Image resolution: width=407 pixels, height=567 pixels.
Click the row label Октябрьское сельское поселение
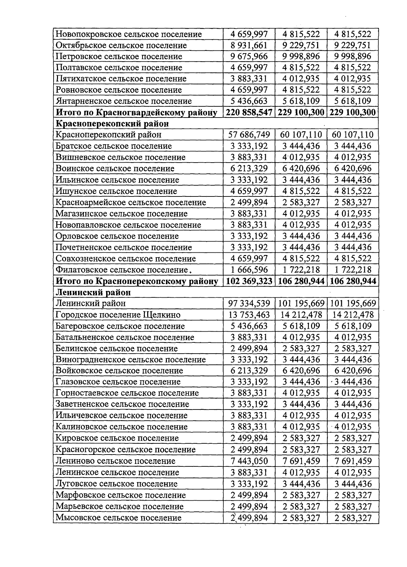coord(121,45)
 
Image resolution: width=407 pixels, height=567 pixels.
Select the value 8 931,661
coord(249,45)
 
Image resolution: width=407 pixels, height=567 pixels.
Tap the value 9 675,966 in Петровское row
coord(249,57)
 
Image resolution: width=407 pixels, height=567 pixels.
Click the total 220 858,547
coord(249,112)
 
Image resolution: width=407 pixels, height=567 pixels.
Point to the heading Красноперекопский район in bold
coord(112,124)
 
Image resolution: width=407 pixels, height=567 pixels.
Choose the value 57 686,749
coord(249,135)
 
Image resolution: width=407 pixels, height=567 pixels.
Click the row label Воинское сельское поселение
coord(115,169)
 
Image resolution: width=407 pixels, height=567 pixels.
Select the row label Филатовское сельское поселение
coord(122,270)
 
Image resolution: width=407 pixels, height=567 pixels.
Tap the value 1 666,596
coord(249,270)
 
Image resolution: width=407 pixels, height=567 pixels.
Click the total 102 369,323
coord(249,281)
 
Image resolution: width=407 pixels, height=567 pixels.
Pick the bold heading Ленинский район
coord(93,292)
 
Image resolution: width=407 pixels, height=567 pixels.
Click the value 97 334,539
coord(249,303)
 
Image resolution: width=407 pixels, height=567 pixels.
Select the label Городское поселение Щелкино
coord(118,315)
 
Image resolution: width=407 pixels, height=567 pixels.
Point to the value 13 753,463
coord(249,315)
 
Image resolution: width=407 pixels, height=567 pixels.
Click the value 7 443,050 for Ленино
coord(249,461)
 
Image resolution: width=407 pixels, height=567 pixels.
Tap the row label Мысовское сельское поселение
coord(118,518)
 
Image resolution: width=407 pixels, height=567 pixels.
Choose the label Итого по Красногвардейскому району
coord(136,112)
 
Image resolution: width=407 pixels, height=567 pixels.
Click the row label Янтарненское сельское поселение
coord(124,101)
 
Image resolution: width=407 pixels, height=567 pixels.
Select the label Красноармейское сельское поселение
coord(131,203)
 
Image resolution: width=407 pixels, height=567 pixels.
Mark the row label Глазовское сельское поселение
coord(118,382)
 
